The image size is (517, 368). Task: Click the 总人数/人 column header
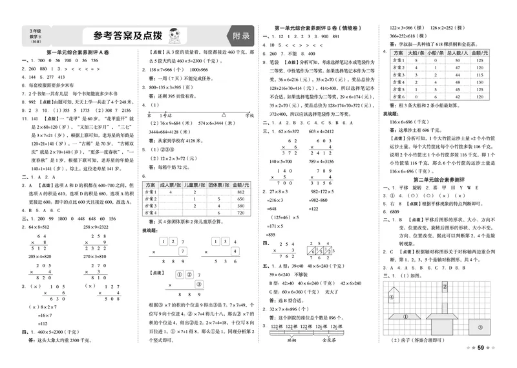click(457, 51)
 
